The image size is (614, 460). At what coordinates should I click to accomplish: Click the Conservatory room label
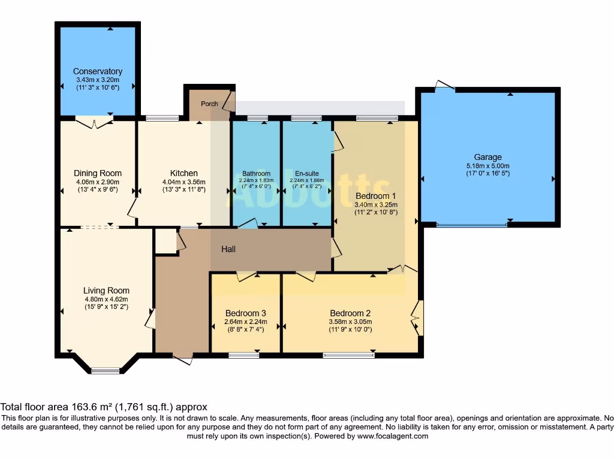click(98, 71)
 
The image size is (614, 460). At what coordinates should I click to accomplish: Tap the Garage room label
click(487, 158)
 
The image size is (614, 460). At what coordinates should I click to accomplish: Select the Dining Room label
click(98, 174)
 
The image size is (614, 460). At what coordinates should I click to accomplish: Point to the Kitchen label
click(183, 174)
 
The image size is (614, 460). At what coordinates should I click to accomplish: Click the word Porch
click(209, 104)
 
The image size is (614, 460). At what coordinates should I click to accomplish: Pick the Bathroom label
click(256, 174)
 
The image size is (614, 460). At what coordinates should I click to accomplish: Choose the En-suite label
click(307, 174)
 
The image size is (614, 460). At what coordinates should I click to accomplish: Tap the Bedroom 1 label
click(375, 196)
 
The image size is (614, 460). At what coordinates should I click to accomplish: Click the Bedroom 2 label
click(350, 313)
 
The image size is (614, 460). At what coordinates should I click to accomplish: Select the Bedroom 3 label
click(245, 313)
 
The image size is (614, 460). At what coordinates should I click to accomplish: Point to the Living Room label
click(106, 290)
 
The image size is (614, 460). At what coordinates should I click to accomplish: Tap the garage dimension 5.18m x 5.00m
click(487, 166)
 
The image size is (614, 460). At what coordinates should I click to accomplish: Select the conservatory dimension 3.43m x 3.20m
click(98, 80)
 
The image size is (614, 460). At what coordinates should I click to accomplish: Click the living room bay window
click(106, 370)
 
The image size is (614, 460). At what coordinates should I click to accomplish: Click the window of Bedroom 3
click(244, 355)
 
